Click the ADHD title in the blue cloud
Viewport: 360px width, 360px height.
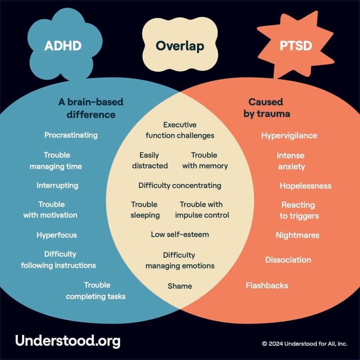coord(63,45)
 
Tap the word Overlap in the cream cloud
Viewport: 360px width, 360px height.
coord(180,46)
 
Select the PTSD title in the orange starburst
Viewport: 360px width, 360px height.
coord(296,45)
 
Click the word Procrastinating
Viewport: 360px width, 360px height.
coord(71,135)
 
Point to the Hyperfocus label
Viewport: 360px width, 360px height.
coord(57,235)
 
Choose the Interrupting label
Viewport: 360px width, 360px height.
coord(57,186)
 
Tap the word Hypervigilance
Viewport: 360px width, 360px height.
coord(289,136)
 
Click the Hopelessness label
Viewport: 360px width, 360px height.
coord(306,186)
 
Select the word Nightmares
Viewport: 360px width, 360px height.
coord(297,235)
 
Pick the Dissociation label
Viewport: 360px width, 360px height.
coord(288,260)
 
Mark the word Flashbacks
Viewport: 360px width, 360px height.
coord(267,285)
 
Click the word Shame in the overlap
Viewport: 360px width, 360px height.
coord(180,286)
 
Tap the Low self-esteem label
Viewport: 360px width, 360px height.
coord(180,234)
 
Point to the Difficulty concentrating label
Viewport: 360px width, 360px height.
coord(180,186)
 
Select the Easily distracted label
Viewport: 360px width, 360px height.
coord(150,160)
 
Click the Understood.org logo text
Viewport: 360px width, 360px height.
coord(68,341)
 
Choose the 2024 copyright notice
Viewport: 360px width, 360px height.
coord(304,344)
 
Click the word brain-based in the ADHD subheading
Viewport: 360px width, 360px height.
coord(95,102)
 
